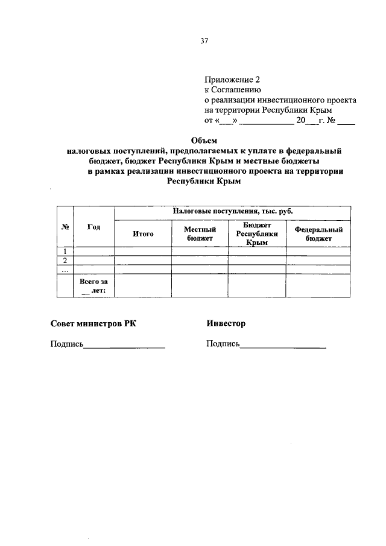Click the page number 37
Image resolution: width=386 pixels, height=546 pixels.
pos(204,41)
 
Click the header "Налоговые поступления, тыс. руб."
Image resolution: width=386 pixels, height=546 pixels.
pos(232,212)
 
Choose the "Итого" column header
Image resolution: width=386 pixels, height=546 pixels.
pos(142,234)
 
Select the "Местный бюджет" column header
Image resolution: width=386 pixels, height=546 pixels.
pos(200,234)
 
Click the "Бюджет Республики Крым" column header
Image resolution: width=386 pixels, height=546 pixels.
pos(257,233)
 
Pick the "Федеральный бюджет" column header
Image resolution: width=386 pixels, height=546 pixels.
pos(318,234)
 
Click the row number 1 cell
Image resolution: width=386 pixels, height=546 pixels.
pos(65,252)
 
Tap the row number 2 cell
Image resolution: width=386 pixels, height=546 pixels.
pos(65,261)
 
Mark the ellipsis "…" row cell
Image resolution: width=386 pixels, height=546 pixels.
pos(65,269)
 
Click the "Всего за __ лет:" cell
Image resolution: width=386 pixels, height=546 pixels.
pos(93,286)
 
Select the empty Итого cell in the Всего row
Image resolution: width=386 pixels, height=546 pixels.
pos(142,286)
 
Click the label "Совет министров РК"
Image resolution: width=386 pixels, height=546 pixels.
pos(93,324)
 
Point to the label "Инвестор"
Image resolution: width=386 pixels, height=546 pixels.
pos(226,324)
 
